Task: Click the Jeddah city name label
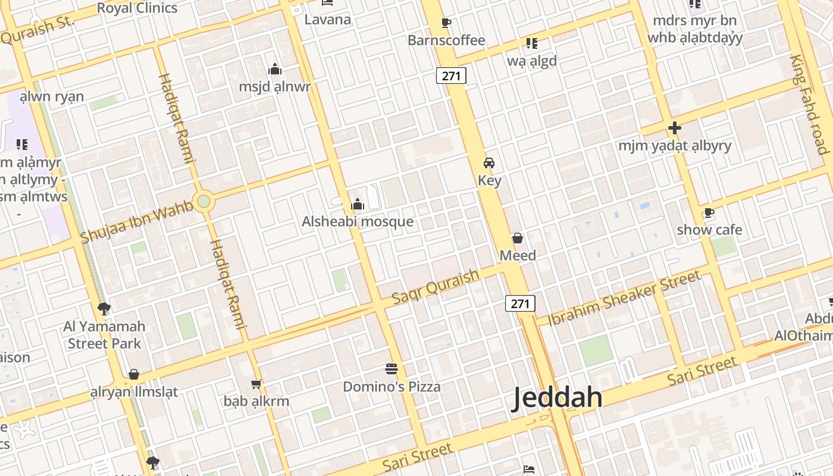pyautogui.click(x=558, y=397)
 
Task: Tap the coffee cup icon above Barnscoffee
pyautogui.click(x=446, y=23)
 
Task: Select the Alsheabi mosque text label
pyautogui.click(x=357, y=222)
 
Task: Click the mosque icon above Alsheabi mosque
pyautogui.click(x=357, y=205)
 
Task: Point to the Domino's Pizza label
pyautogui.click(x=392, y=387)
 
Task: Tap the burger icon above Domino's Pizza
pyautogui.click(x=392, y=369)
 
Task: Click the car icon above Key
pyautogui.click(x=489, y=163)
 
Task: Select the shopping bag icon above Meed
pyautogui.click(x=518, y=239)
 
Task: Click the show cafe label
pyautogui.click(x=709, y=230)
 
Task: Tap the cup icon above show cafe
pyautogui.click(x=709, y=213)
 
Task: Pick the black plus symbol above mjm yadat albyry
pyautogui.click(x=674, y=128)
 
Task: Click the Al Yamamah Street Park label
pyautogui.click(x=104, y=335)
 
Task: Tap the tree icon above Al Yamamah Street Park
pyautogui.click(x=104, y=308)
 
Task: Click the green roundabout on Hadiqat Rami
pyautogui.click(x=204, y=201)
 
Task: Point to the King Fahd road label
pyautogui.click(x=809, y=104)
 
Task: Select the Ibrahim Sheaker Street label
pyautogui.click(x=624, y=298)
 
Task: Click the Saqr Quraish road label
pyautogui.click(x=436, y=287)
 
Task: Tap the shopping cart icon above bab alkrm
pyautogui.click(x=256, y=384)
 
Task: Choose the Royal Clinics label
pyautogui.click(x=137, y=8)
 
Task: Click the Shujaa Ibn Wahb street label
pyautogui.click(x=137, y=222)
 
